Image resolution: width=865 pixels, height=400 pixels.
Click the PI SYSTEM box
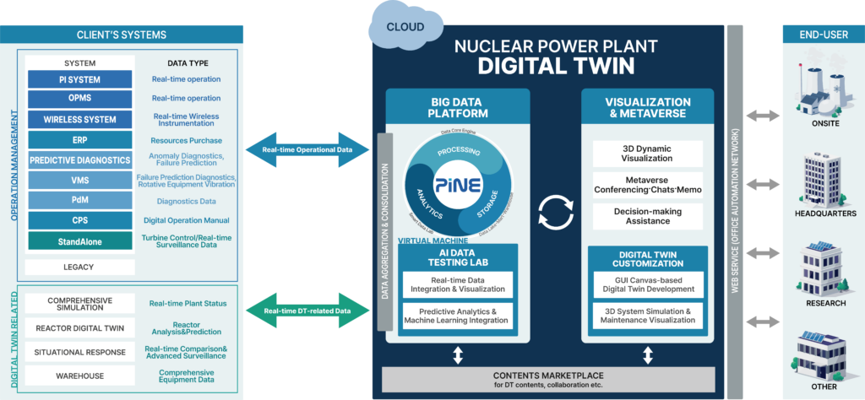(x=79, y=79)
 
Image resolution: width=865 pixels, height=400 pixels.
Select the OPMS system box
(x=79, y=99)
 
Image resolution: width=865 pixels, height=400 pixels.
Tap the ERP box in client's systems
(x=79, y=139)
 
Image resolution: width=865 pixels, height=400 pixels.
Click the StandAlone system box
(x=79, y=241)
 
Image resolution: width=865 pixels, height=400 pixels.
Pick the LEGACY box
(x=79, y=267)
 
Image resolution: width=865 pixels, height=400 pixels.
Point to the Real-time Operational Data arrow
(x=307, y=149)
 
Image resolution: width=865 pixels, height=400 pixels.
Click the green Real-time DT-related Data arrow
(x=307, y=311)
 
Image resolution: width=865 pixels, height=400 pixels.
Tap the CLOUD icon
(x=405, y=26)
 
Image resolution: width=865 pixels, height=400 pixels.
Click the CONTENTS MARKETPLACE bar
(x=548, y=379)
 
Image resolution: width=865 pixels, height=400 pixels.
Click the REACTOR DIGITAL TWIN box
(x=80, y=327)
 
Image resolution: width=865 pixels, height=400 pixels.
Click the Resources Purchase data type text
(x=187, y=140)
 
